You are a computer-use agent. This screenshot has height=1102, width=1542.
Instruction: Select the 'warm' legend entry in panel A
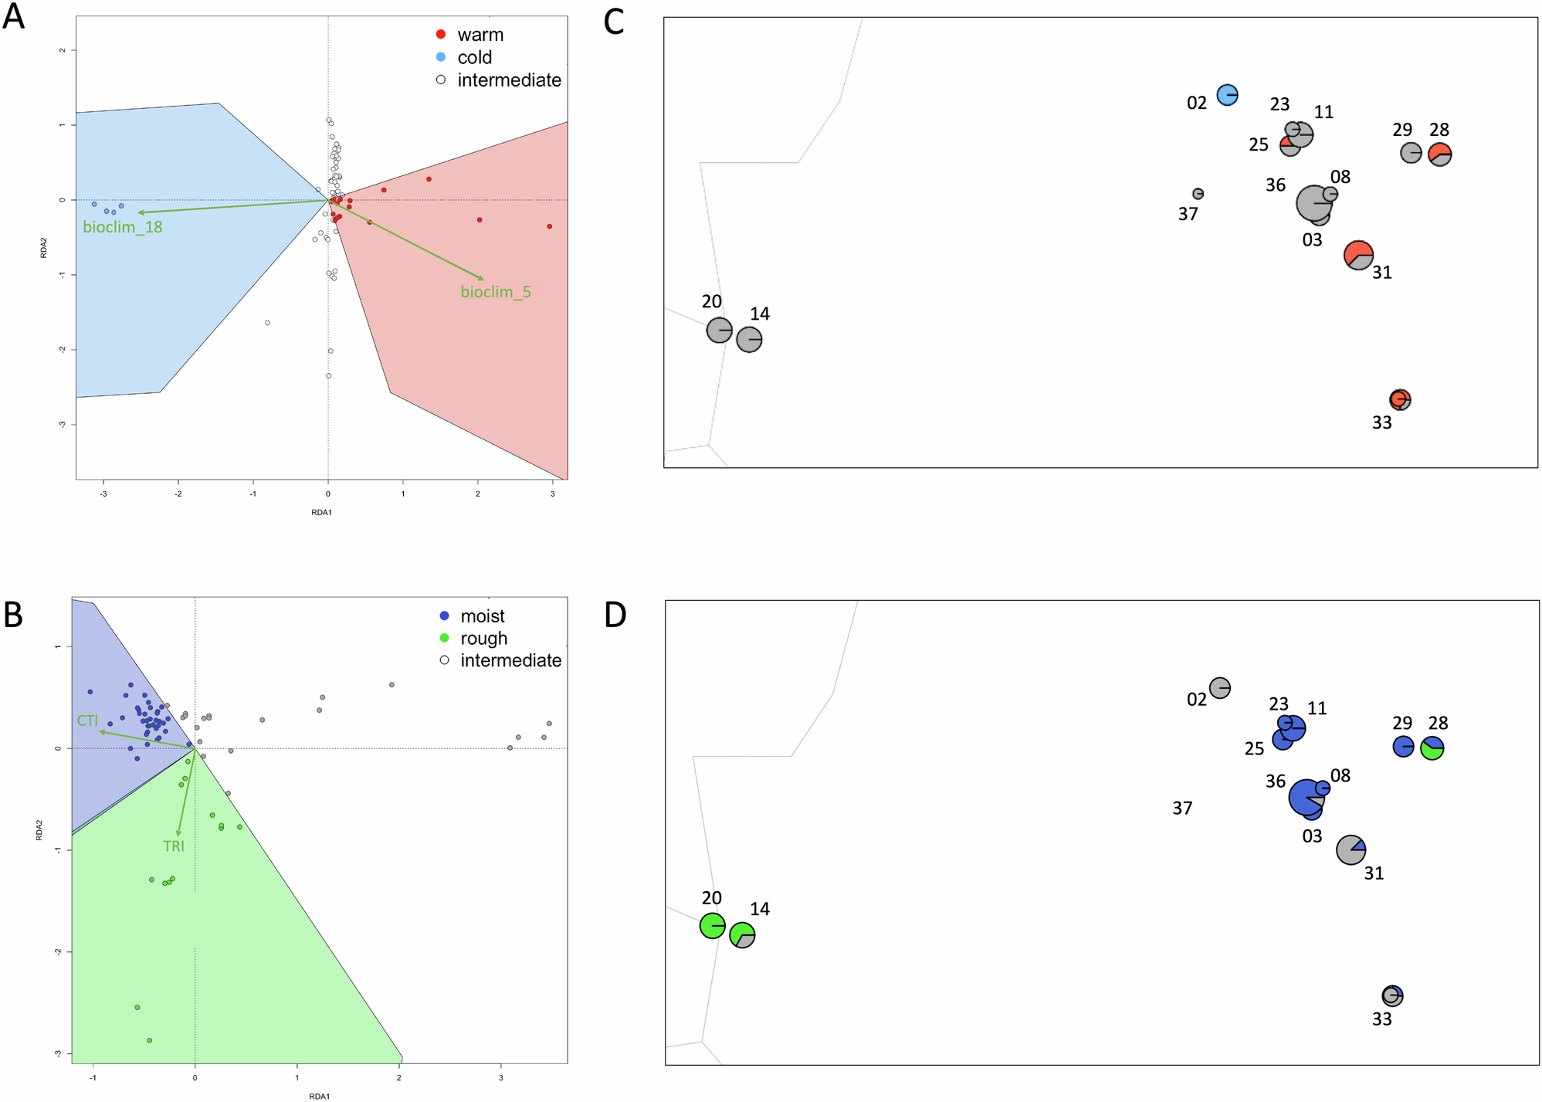pyautogui.click(x=480, y=35)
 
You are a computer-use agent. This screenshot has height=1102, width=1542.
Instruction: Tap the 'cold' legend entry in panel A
pyautogui.click(x=474, y=57)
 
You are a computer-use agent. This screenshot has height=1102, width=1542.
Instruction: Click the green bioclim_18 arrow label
pyautogui.click(x=123, y=227)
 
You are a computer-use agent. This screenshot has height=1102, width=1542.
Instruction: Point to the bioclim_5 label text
pyautogui.click(x=496, y=292)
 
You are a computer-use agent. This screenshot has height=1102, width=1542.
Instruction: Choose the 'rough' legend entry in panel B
pyautogui.click(x=483, y=639)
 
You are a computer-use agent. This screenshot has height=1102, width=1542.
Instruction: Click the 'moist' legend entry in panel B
pyautogui.click(x=482, y=616)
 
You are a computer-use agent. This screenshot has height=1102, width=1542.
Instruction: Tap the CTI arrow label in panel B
pyautogui.click(x=87, y=721)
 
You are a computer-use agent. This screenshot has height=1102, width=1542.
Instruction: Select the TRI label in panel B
pyautogui.click(x=174, y=846)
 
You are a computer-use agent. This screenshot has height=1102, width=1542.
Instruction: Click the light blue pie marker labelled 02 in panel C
pyautogui.click(x=1227, y=95)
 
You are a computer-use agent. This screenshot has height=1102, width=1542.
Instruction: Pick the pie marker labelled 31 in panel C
pyautogui.click(x=1358, y=255)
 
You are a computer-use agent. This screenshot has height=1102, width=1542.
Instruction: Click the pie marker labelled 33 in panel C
pyautogui.click(x=1400, y=399)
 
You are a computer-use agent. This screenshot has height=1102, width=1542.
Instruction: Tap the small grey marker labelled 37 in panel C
pyautogui.click(x=1198, y=194)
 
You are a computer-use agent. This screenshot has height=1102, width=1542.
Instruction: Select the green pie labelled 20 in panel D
pyautogui.click(x=712, y=925)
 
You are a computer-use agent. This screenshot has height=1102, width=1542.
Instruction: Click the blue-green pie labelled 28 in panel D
pyautogui.click(x=1432, y=748)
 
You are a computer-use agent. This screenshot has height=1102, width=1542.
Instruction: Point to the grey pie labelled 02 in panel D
pyautogui.click(x=1219, y=687)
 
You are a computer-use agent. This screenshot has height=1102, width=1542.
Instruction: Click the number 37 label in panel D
pyautogui.click(x=1182, y=809)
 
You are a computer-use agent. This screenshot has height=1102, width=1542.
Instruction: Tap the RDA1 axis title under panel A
pyautogui.click(x=321, y=512)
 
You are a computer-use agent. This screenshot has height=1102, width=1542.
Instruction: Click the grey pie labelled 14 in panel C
pyautogui.click(x=749, y=339)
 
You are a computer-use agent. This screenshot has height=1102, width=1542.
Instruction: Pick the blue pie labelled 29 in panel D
pyautogui.click(x=1403, y=747)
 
